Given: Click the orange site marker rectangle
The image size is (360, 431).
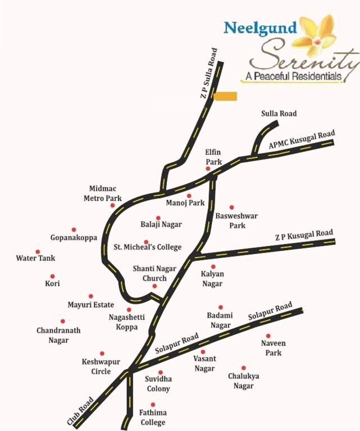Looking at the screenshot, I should (225, 97).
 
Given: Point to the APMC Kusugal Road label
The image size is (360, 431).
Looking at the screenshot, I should (302, 140).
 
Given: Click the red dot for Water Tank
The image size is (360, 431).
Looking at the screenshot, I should (38, 252).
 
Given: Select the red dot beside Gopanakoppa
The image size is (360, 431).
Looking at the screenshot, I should (74, 230).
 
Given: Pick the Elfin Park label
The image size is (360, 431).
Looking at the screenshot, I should (213, 157).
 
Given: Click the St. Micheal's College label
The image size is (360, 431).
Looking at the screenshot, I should (148, 247).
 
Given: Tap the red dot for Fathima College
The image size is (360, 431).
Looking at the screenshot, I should (153, 405).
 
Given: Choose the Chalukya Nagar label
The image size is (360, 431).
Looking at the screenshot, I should (244, 380).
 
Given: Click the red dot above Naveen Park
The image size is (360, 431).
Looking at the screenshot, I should (268, 336).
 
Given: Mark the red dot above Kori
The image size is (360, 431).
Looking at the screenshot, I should (52, 276).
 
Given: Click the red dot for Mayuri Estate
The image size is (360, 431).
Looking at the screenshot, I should (91, 296).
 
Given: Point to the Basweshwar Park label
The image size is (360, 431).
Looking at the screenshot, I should (230, 221).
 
